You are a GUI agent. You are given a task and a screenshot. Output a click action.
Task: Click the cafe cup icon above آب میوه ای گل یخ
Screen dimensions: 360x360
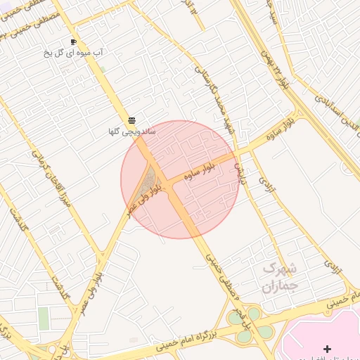pyautogui.click(x=73, y=42)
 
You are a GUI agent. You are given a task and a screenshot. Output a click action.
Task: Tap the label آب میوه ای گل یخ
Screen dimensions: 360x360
pyautogui.click(x=74, y=53)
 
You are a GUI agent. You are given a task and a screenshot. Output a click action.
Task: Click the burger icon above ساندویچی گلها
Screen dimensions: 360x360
pyautogui.click(x=131, y=120)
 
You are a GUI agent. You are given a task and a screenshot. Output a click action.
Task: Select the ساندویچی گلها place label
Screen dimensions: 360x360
pyautogui.click(x=131, y=131)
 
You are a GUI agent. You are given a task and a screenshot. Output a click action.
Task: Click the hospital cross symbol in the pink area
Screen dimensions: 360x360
pyautogui.click(x=326, y=349)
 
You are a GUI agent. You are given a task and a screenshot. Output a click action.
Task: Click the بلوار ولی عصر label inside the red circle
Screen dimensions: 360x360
pyautogui.click(x=141, y=199)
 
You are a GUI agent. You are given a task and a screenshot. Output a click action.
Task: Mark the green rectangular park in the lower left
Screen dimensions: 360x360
pyautogui.click(x=44, y=319)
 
